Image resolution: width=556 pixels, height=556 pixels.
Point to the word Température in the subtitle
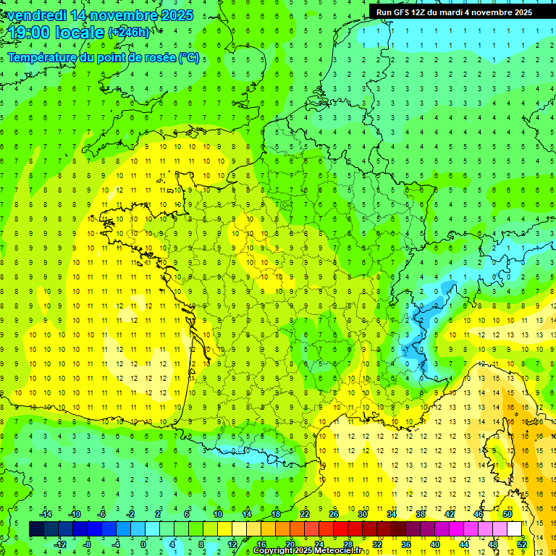43,58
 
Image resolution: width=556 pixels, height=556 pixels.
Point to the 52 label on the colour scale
522,544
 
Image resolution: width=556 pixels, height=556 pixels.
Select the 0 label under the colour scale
143,544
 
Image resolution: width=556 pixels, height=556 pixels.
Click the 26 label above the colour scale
334,514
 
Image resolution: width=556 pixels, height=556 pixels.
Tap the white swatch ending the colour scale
514,529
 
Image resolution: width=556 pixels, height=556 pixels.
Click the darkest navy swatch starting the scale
36,529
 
